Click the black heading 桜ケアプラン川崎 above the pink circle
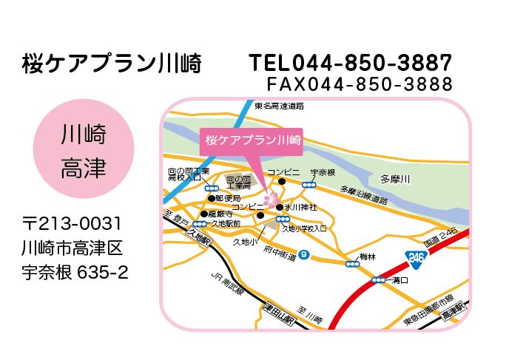(x=111, y=64)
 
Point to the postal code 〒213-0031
(x=72, y=223)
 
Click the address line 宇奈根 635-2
(x=75, y=272)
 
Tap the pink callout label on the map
(x=252, y=140)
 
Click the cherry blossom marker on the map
(x=272, y=200)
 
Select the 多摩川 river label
(x=394, y=179)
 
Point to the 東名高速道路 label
(x=279, y=106)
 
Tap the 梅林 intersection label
(x=368, y=257)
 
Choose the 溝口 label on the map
(x=397, y=280)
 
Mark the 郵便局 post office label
(x=229, y=198)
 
